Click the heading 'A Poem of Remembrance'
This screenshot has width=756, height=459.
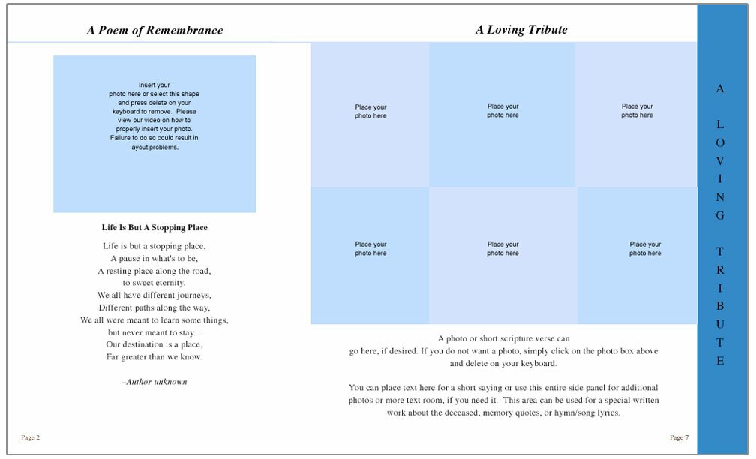click(154, 31)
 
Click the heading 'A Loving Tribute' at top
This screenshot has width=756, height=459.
click(521, 30)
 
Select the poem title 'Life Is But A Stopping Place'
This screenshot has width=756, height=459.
click(154, 227)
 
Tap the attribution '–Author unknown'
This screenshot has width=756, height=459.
click(154, 382)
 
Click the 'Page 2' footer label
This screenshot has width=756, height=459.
click(30, 437)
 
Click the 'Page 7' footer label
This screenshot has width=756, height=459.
click(679, 437)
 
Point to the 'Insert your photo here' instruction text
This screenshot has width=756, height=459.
click(154, 116)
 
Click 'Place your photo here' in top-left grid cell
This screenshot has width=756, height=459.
click(370, 111)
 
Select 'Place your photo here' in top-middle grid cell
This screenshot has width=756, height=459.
click(502, 111)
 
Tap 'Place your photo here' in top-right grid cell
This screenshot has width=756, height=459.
click(637, 111)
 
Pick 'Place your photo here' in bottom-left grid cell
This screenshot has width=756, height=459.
click(370, 249)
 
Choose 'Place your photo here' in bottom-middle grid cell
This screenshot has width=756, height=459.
click(502, 249)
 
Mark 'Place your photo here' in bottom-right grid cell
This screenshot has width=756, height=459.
click(645, 249)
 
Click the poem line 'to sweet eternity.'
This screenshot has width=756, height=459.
click(154, 283)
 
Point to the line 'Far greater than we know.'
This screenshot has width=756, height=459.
click(154, 356)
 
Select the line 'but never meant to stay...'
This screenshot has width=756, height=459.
click(154, 331)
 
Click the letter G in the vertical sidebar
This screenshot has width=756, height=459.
click(720, 216)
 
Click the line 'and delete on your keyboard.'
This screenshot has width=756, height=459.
click(503, 363)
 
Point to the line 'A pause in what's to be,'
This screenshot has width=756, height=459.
click(154, 258)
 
